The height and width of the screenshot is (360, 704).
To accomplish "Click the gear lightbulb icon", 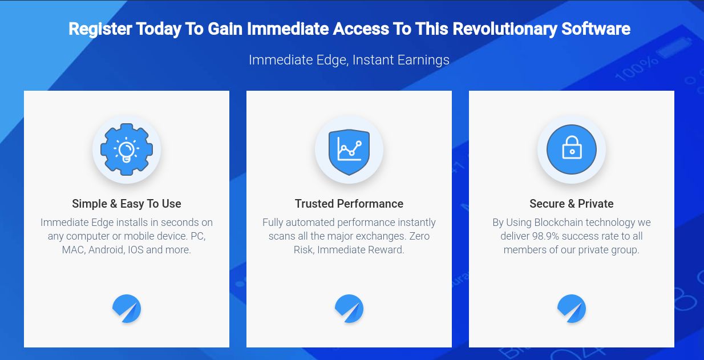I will coord(127,149).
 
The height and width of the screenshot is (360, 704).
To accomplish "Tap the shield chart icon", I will coord(349,149).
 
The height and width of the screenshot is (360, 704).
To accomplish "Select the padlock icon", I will coord(572,149).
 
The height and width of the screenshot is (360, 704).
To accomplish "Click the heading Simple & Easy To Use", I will coord(127,204).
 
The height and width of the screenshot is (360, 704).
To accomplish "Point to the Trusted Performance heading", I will coord(349,204).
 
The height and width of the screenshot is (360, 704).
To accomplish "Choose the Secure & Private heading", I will coord(572,204).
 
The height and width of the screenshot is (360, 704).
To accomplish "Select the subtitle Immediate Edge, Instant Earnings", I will coord(349,60).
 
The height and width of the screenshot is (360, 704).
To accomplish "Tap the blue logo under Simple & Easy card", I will coord(127,309).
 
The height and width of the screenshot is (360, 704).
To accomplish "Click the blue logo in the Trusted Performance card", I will coord(349,309).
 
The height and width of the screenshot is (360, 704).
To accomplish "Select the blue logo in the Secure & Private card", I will coord(572,309).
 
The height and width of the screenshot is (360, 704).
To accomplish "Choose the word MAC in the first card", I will coord(73,250).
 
